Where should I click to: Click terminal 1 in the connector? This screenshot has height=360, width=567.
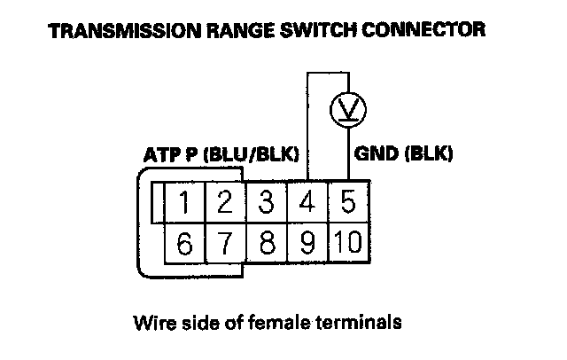tap(184, 203)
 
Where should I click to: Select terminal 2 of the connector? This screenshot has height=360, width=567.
tap(225, 203)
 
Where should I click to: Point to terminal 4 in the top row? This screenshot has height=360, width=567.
tap(307, 203)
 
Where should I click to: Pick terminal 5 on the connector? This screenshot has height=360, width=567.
tap(348, 203)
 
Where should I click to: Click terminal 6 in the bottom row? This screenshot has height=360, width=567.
tap(184, 243)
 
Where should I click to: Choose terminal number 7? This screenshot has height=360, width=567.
tap(225, 243)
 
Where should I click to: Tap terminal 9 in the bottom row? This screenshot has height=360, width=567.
tap(307, 243)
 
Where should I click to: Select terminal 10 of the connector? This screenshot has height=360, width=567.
tap(348, 243)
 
